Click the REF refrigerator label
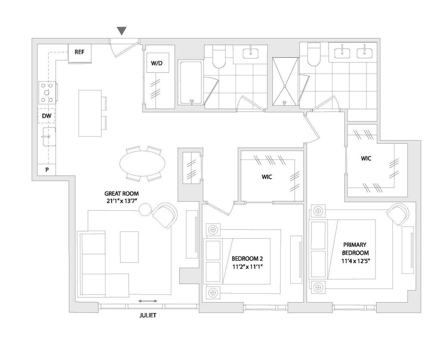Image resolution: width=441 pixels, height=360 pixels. click(79, 52)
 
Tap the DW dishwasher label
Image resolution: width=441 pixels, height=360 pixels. click(47, 116)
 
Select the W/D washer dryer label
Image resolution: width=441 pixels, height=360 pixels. click(157, 63)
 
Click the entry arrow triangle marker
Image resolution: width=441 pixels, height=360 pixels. click(122, 31)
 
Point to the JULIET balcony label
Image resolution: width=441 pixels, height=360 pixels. click(148, 316)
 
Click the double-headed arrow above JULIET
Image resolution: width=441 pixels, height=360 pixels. click(148, 301)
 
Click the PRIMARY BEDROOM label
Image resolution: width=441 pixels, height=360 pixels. click(356, 249)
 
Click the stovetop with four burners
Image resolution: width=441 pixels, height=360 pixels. click(47, 93)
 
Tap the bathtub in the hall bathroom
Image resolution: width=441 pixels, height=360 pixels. click(190, 83)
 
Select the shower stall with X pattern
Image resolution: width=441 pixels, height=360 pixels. click(285, 81)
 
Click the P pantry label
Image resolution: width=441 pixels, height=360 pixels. click(47, 170)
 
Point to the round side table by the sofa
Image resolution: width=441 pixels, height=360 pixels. click(146, 209)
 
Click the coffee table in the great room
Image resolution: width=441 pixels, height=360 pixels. click(129, 247)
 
